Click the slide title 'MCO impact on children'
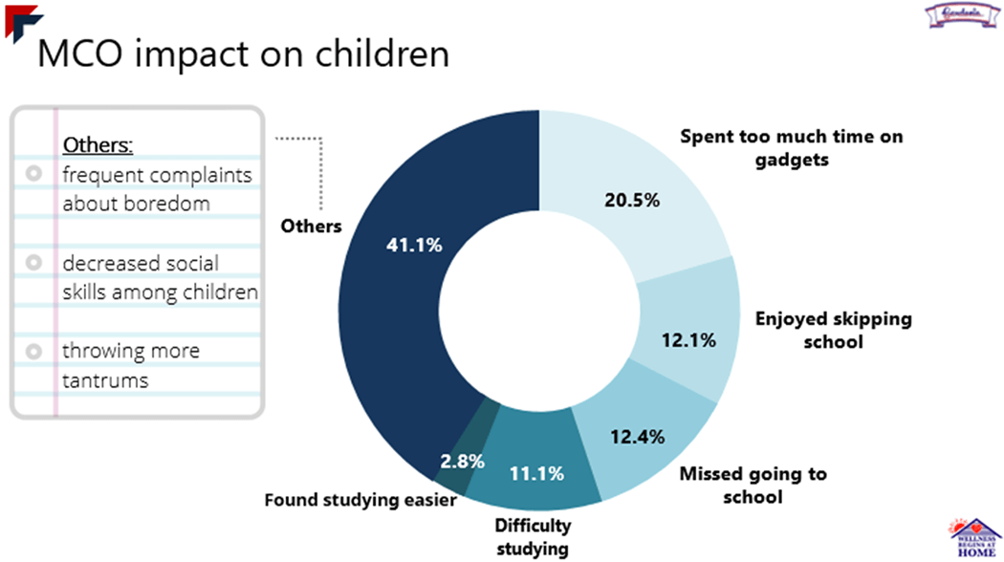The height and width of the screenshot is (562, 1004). click(243, 54)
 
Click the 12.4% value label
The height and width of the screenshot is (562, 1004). click(638, 439)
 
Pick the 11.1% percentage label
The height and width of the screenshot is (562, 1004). click(535, 472)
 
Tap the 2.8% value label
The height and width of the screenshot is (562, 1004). click(462, 461)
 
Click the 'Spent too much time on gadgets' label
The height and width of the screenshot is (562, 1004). click(791, 148)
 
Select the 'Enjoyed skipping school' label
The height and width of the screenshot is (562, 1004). click(833, 329)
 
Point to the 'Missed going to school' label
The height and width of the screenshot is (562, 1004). click(753, 485)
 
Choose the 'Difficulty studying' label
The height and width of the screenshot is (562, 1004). click(533, 536)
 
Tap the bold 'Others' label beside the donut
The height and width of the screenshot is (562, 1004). click(311, 227)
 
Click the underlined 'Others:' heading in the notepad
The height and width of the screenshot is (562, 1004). click(98, 145)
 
